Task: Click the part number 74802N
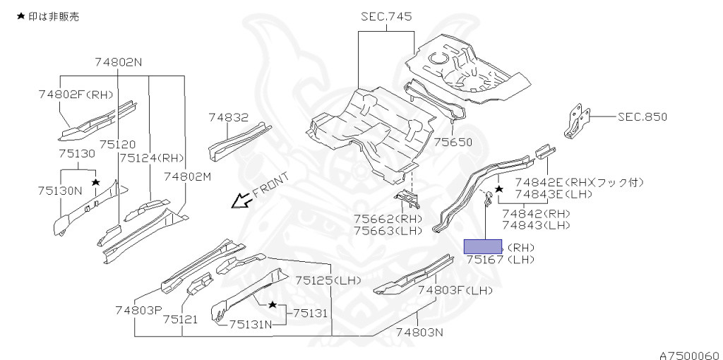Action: pyautogui.click(x=119, y=62)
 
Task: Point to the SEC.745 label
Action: pyautogui.click(x=386, y=17)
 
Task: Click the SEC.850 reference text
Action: pyautogui.click(x=642, y=117)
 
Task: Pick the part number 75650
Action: pyautogui.click(x=453, y=142)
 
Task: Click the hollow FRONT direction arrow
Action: pyautogui.click(x=241, y=201)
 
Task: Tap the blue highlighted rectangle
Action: pyautogui.click(x=482, y=246)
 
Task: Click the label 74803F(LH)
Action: pyautogui.click(x=455, y=289)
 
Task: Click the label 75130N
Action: pyautogui.click(x=59, y=190)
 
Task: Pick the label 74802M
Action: pyautogui.click(x=188, y=176)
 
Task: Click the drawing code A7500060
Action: pyautogui.click(x=689, y=354)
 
